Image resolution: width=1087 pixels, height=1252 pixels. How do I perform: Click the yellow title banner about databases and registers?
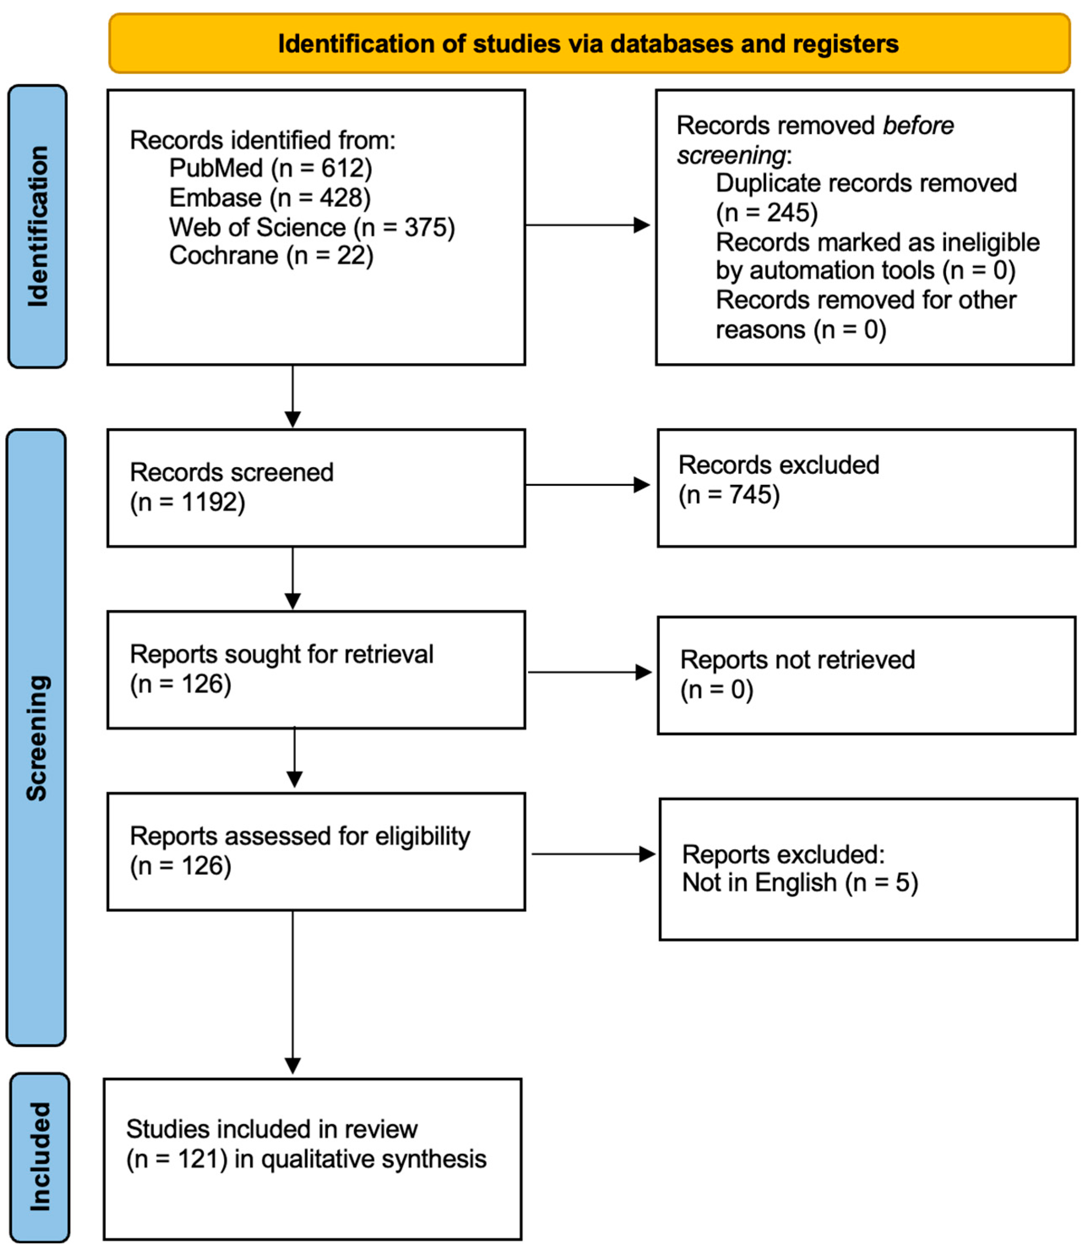(588, 44)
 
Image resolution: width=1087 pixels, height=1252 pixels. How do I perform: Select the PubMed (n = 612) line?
(271, 168)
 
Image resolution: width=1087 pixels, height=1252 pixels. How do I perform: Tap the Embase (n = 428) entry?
(269, 198)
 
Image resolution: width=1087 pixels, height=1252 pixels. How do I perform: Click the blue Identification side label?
(38, 226)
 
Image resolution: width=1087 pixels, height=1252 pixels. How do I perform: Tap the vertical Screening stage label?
(36, 738)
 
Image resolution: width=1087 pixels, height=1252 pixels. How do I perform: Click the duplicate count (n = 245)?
(767, 213)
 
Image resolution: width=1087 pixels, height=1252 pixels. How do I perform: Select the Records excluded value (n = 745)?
(729, 495)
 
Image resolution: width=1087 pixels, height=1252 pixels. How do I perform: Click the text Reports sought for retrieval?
(282, 654)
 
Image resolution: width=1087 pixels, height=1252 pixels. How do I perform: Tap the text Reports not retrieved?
(797, 660)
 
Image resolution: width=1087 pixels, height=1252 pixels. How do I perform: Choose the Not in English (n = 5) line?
(800, 882)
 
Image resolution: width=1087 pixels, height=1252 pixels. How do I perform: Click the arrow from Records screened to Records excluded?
(587, 485)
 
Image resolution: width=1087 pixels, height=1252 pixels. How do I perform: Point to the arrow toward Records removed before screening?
(587, 225)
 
